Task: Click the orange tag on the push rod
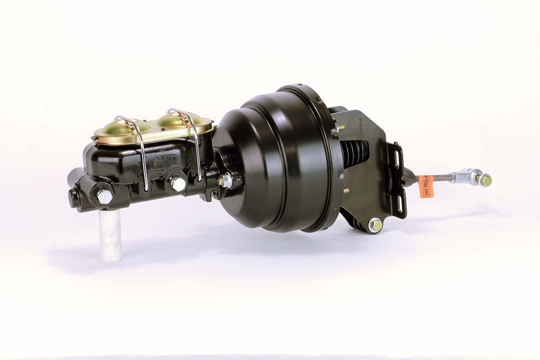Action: coord(426,186)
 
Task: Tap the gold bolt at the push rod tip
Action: coord(485,181)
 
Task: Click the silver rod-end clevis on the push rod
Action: coord(465,176)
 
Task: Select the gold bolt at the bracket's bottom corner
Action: coord(375,224)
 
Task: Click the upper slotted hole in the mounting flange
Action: coord(398,158)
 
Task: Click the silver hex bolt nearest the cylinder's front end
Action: coord(104,196)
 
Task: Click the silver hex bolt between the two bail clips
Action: coord(177,184)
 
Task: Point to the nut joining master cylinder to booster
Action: coord(225,180)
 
